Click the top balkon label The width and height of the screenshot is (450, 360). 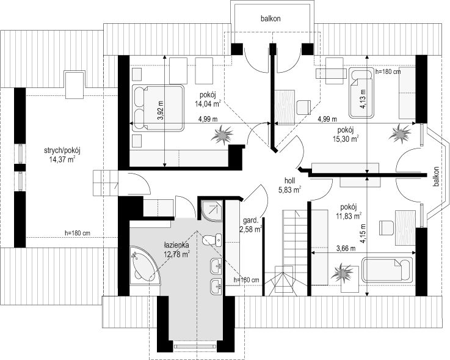click(x=270, y=19)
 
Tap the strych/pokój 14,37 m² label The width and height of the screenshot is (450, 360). click(x=62, y=155)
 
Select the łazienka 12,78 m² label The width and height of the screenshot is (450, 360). click(x=176, y=250)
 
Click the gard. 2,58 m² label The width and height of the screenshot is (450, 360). click(x=252, y=225)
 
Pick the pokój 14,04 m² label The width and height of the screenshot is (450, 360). click(x=208, y=100)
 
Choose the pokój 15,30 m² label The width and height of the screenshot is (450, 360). click(x=346, y=134)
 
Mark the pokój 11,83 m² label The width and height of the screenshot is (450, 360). click(x=349, y=211)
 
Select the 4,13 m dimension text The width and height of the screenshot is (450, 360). click(x=363, y=99)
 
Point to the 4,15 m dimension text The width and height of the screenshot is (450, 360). click(x=364, y=233)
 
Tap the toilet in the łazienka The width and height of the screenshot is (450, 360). click(x=212, y=241)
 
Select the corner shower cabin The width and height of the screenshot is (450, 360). click(x=211, y=211)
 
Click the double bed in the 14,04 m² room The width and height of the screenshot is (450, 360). click(x=158, y=108)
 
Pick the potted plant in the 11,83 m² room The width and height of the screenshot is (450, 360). click(x=341, y=272)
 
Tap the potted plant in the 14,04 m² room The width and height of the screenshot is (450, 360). click(x=222, y=134)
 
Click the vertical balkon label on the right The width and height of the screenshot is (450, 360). click(x=436, y=177)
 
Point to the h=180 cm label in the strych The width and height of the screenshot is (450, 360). click(x=78, y=233)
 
